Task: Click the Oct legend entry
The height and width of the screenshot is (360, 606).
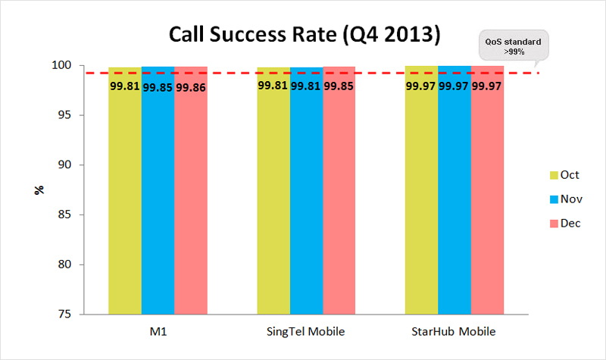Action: pos(564,175)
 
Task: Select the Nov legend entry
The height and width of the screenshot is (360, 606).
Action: pos(564,199)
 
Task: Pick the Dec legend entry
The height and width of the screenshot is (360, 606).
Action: pos(564,224)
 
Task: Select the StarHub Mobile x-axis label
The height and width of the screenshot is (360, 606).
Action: pos(455,332)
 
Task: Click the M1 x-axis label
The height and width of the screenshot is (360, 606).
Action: pos(158,332)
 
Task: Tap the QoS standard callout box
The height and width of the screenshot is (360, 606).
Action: pos(513,46)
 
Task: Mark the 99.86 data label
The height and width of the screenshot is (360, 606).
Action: pos(191,87)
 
